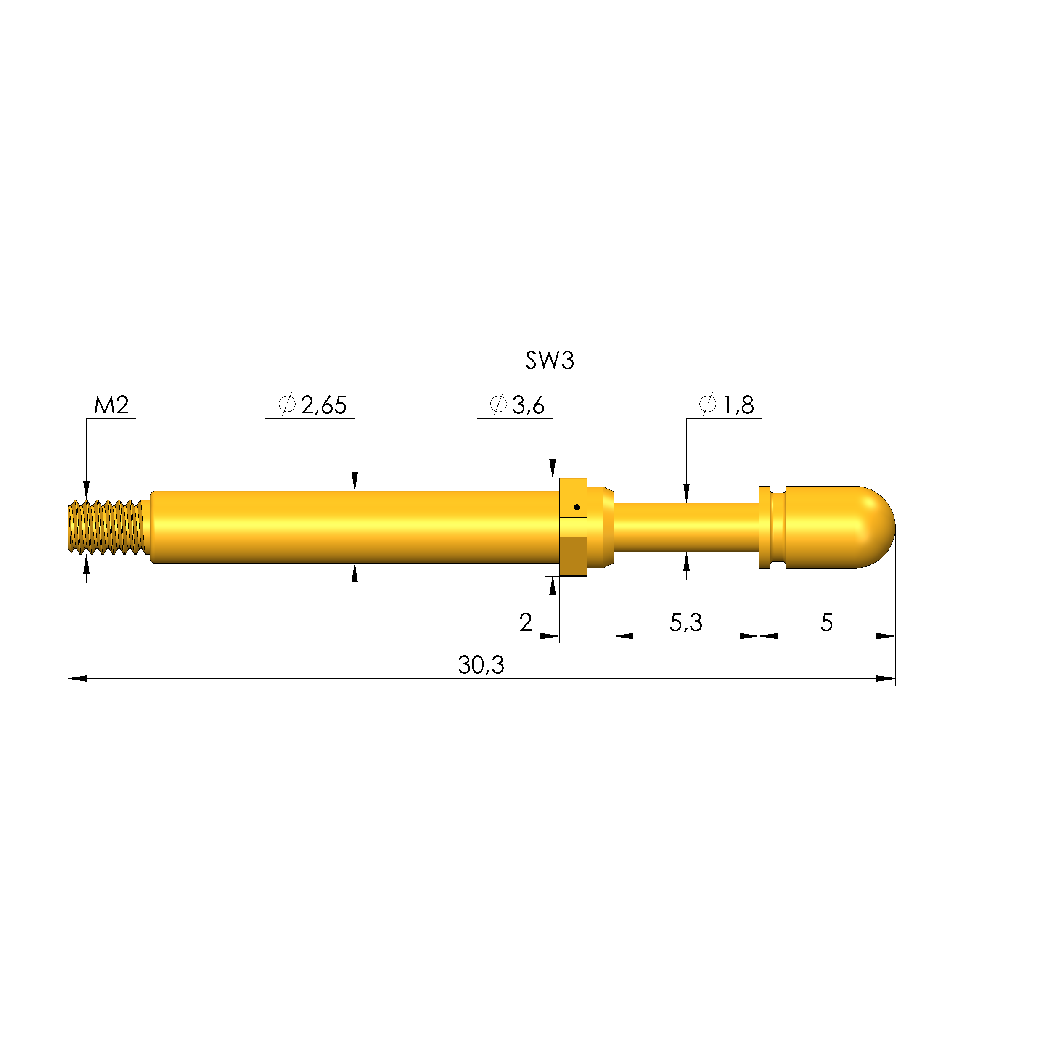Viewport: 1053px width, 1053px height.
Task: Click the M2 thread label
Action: pos(111,405)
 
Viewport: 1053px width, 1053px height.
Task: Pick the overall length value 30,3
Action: pos(481,665)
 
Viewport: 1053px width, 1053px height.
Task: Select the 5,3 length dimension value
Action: pos(685,622)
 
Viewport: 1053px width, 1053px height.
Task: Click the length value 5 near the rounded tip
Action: pos(826,622)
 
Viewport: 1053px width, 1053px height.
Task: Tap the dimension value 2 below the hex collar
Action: pos(525,622)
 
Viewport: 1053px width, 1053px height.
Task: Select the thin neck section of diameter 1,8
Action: pos(685,527)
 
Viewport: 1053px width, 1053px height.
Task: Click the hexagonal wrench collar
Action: pos(573,527)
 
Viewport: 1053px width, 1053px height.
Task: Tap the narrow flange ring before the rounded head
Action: pos(764,527)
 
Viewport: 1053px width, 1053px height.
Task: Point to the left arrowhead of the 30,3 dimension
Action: pos(78,679)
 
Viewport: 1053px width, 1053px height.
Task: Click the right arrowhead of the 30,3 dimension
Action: pos(885,679)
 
